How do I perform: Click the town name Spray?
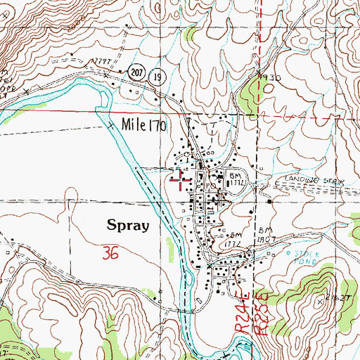point(127,226)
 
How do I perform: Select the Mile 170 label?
point(143,126)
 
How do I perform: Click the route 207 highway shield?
point(135,71)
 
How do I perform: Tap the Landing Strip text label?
point(314,181)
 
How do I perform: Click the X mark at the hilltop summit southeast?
point(320,300)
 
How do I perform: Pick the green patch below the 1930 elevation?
point(250,92)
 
